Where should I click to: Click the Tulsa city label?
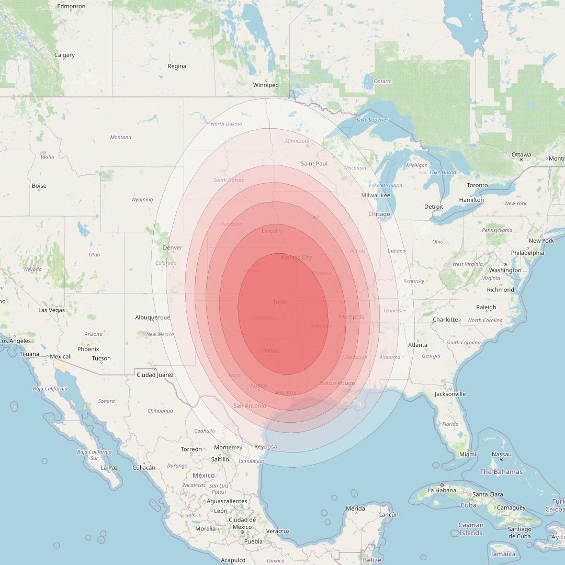(279, 302)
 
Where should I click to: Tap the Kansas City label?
(296, 257)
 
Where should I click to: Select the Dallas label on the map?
(270, 350)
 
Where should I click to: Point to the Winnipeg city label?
(266, 85)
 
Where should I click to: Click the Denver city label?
(173, 247)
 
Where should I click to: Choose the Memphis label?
(351, 317)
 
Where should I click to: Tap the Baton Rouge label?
(337, 383)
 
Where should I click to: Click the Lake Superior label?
(372, 120)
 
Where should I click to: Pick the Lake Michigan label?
(386, 185)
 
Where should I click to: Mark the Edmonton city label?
(71, 6)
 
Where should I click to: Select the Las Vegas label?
(52, 310)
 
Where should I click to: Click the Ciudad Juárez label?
(155, 375)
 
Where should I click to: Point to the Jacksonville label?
(450, 394)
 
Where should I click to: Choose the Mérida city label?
(355, 508)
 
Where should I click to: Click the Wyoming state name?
(142, 199)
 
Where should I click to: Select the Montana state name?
(121, 137)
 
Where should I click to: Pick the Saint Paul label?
(314, 163)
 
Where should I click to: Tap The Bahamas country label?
(501, 471)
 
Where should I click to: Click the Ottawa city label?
(521, 154)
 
